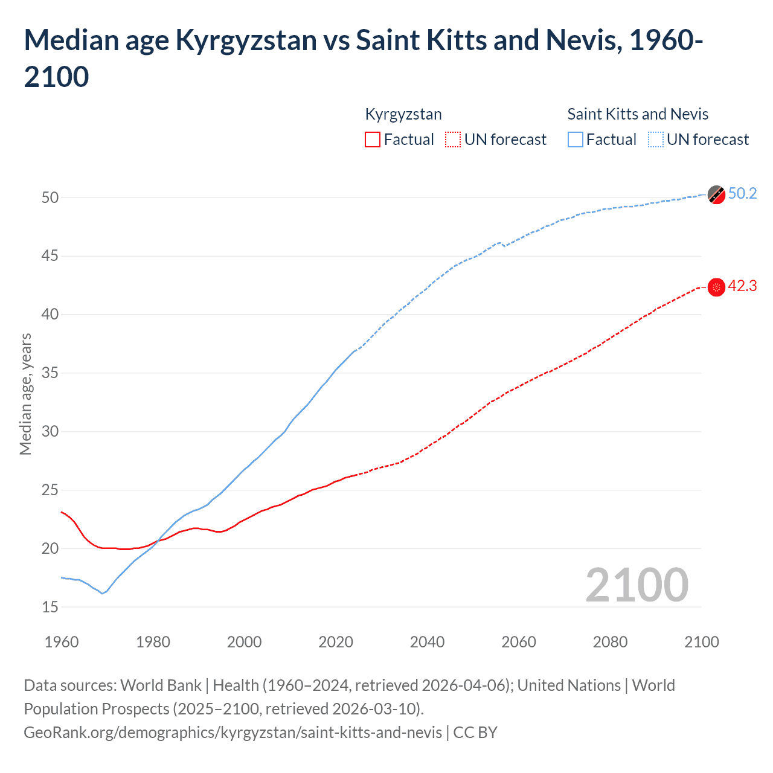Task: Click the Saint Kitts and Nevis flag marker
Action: [716, 194]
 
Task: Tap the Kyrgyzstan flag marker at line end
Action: [716, 287]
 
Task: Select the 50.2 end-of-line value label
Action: [742, 193]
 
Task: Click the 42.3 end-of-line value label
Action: [742, 286]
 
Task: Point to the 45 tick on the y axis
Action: [50, 256]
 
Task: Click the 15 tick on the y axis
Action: [50, 607]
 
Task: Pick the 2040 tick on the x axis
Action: [427, 642]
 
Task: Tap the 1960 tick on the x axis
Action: [62, 642]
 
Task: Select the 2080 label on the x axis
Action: [610, 642]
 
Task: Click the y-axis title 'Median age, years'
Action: [25, 394]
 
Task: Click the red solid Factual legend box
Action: [373, 140]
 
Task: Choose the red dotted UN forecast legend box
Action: [453, 140]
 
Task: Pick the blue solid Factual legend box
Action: [576, 140]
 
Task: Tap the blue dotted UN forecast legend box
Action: [656, 140]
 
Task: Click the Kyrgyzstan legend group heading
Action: [403, 114]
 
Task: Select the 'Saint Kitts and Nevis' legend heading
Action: [638, 114]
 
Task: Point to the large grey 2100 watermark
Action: [637, 585]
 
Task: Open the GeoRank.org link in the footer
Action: [233, 733]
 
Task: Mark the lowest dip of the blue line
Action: [102, 594]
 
